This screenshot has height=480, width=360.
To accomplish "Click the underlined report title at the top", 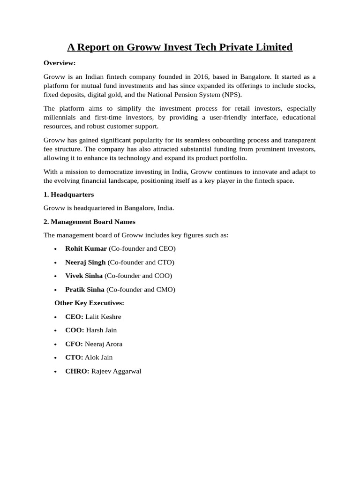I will pos(180,47).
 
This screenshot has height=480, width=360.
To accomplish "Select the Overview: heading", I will pos(60,63).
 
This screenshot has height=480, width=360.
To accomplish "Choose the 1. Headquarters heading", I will pos(68,194).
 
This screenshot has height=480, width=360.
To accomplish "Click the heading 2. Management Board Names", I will pos(89,221).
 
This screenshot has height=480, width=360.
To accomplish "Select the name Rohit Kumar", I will pos(86,248).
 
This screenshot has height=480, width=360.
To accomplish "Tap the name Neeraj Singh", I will pos(85,262).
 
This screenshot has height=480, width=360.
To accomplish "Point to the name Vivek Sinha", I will pos(84,276).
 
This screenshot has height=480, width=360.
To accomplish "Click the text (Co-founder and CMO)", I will pos(141,289).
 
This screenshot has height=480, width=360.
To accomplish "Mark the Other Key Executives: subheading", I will pos(89,303).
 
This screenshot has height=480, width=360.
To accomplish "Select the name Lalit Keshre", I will pos(103,317).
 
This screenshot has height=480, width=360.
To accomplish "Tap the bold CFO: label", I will pos(74,344).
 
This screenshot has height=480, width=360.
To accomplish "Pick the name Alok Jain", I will pos(98,357).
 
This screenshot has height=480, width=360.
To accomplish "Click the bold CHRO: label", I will pos(77,371).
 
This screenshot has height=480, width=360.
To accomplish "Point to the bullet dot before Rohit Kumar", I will pos(56,249).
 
